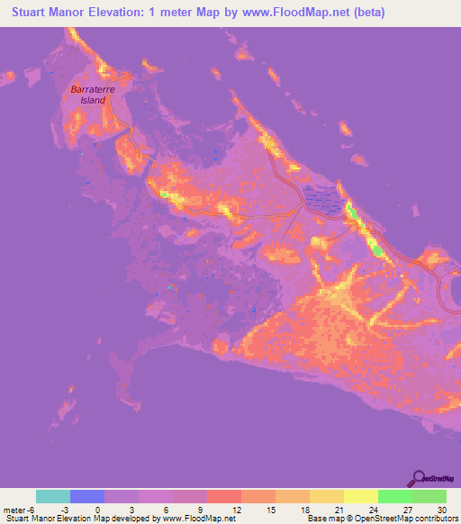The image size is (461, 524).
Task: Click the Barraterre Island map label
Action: click(89, 95)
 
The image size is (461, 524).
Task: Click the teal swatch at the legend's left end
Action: click(53, 496)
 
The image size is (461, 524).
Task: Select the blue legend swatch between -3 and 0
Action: click(87, 496)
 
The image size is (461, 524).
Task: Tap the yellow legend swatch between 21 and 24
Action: click(361, 496)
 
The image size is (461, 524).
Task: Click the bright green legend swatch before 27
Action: click(395, 496)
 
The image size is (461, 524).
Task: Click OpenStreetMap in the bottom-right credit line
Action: click(381, 519)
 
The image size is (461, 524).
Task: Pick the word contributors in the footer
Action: click(436, 519)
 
